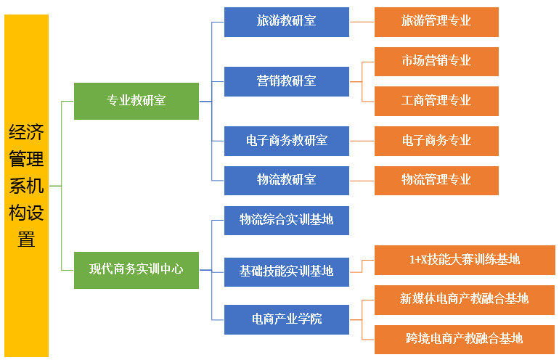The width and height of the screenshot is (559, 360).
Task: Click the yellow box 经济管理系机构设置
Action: (26, 185)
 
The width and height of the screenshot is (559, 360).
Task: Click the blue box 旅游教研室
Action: (286, 21)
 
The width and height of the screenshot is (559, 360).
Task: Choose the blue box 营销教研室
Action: (286, 81)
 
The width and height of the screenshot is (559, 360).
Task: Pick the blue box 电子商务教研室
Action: (286, 140)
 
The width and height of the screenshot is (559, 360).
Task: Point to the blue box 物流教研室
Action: (286, 180)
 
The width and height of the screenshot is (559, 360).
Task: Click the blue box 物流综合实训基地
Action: (286, 219)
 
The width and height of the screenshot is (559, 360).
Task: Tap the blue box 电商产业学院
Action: (286, 319)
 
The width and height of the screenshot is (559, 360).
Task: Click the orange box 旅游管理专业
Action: (436, 21)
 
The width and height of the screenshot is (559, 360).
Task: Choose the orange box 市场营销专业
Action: (436, 61)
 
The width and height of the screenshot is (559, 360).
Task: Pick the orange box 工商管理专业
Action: (436, 101)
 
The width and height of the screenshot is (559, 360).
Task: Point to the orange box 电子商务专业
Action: (436, 140)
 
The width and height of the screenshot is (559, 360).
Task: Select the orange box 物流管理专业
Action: (436, 180)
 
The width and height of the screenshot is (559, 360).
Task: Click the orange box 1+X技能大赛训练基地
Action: (465, 260)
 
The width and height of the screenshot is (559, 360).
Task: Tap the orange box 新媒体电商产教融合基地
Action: (465, 299)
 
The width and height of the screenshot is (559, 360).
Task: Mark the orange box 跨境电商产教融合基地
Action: (465, 339)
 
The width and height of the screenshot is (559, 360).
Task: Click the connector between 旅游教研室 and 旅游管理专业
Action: (362, 22)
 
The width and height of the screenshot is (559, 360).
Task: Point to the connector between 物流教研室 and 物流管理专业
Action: (362, 180)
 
